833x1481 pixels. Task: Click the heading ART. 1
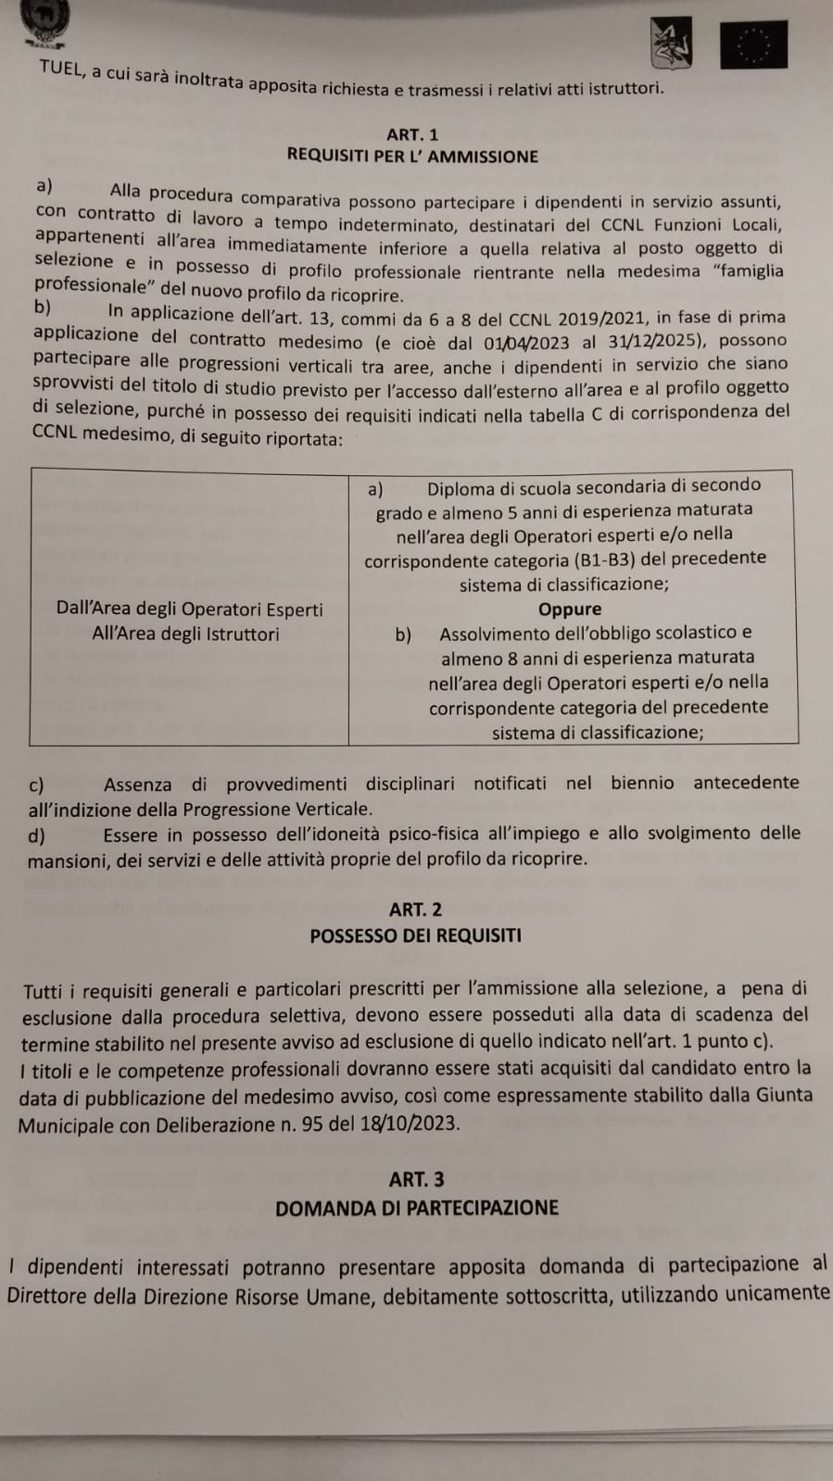pos(412,134)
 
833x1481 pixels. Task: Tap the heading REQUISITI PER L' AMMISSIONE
pos(412,157)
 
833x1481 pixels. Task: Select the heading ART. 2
pos(416,910)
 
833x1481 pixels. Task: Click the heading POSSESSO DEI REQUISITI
pos(416,935)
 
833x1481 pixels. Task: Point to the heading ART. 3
pos(416,1179)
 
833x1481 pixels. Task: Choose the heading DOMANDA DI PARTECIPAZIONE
pos(417,1208)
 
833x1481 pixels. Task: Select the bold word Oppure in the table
pos(570,609)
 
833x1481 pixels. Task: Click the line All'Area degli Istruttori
pos(185,634)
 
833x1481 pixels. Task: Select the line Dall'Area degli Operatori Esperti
pos(190,609)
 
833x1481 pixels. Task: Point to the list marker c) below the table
pos(37,784)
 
